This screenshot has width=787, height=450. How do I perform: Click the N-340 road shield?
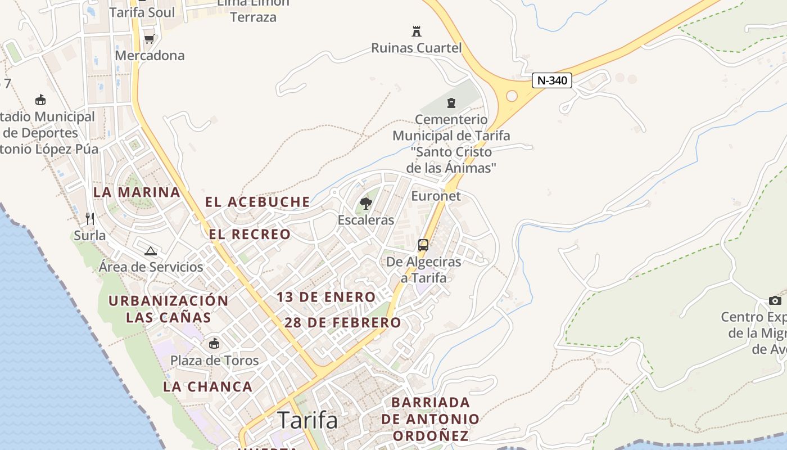click(551, 80)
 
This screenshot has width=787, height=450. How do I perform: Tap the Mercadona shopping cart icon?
click(149, 39)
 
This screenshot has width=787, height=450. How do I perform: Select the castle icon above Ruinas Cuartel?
click(417, 30)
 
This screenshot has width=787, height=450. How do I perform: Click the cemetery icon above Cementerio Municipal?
click(451, 102)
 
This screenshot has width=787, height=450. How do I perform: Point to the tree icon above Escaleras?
click(366, 203)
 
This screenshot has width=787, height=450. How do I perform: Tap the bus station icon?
click(423, 245)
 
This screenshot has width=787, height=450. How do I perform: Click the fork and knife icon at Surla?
click(89, 218)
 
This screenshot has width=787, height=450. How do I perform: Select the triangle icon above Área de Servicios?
click(150, 251)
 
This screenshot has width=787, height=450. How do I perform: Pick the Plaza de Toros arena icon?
click(214, 344)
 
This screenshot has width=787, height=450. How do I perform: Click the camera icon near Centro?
click(775, 300)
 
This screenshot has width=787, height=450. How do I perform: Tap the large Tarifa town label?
click(307, 420)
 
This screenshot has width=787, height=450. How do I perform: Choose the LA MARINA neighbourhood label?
click(137, 192)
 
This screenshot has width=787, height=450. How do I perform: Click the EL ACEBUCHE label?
click(257, 202)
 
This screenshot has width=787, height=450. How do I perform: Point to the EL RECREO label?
click(250, 234)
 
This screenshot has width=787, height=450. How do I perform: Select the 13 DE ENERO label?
click(326, 297)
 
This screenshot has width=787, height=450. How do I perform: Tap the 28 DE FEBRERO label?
click(343, 323)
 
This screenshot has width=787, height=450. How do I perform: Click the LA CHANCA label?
click(208, 387)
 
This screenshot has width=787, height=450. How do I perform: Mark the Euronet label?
click(436, 196)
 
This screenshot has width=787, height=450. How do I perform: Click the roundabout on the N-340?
click(512, 96)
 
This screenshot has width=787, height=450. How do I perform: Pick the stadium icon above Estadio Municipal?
click(40, 100)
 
